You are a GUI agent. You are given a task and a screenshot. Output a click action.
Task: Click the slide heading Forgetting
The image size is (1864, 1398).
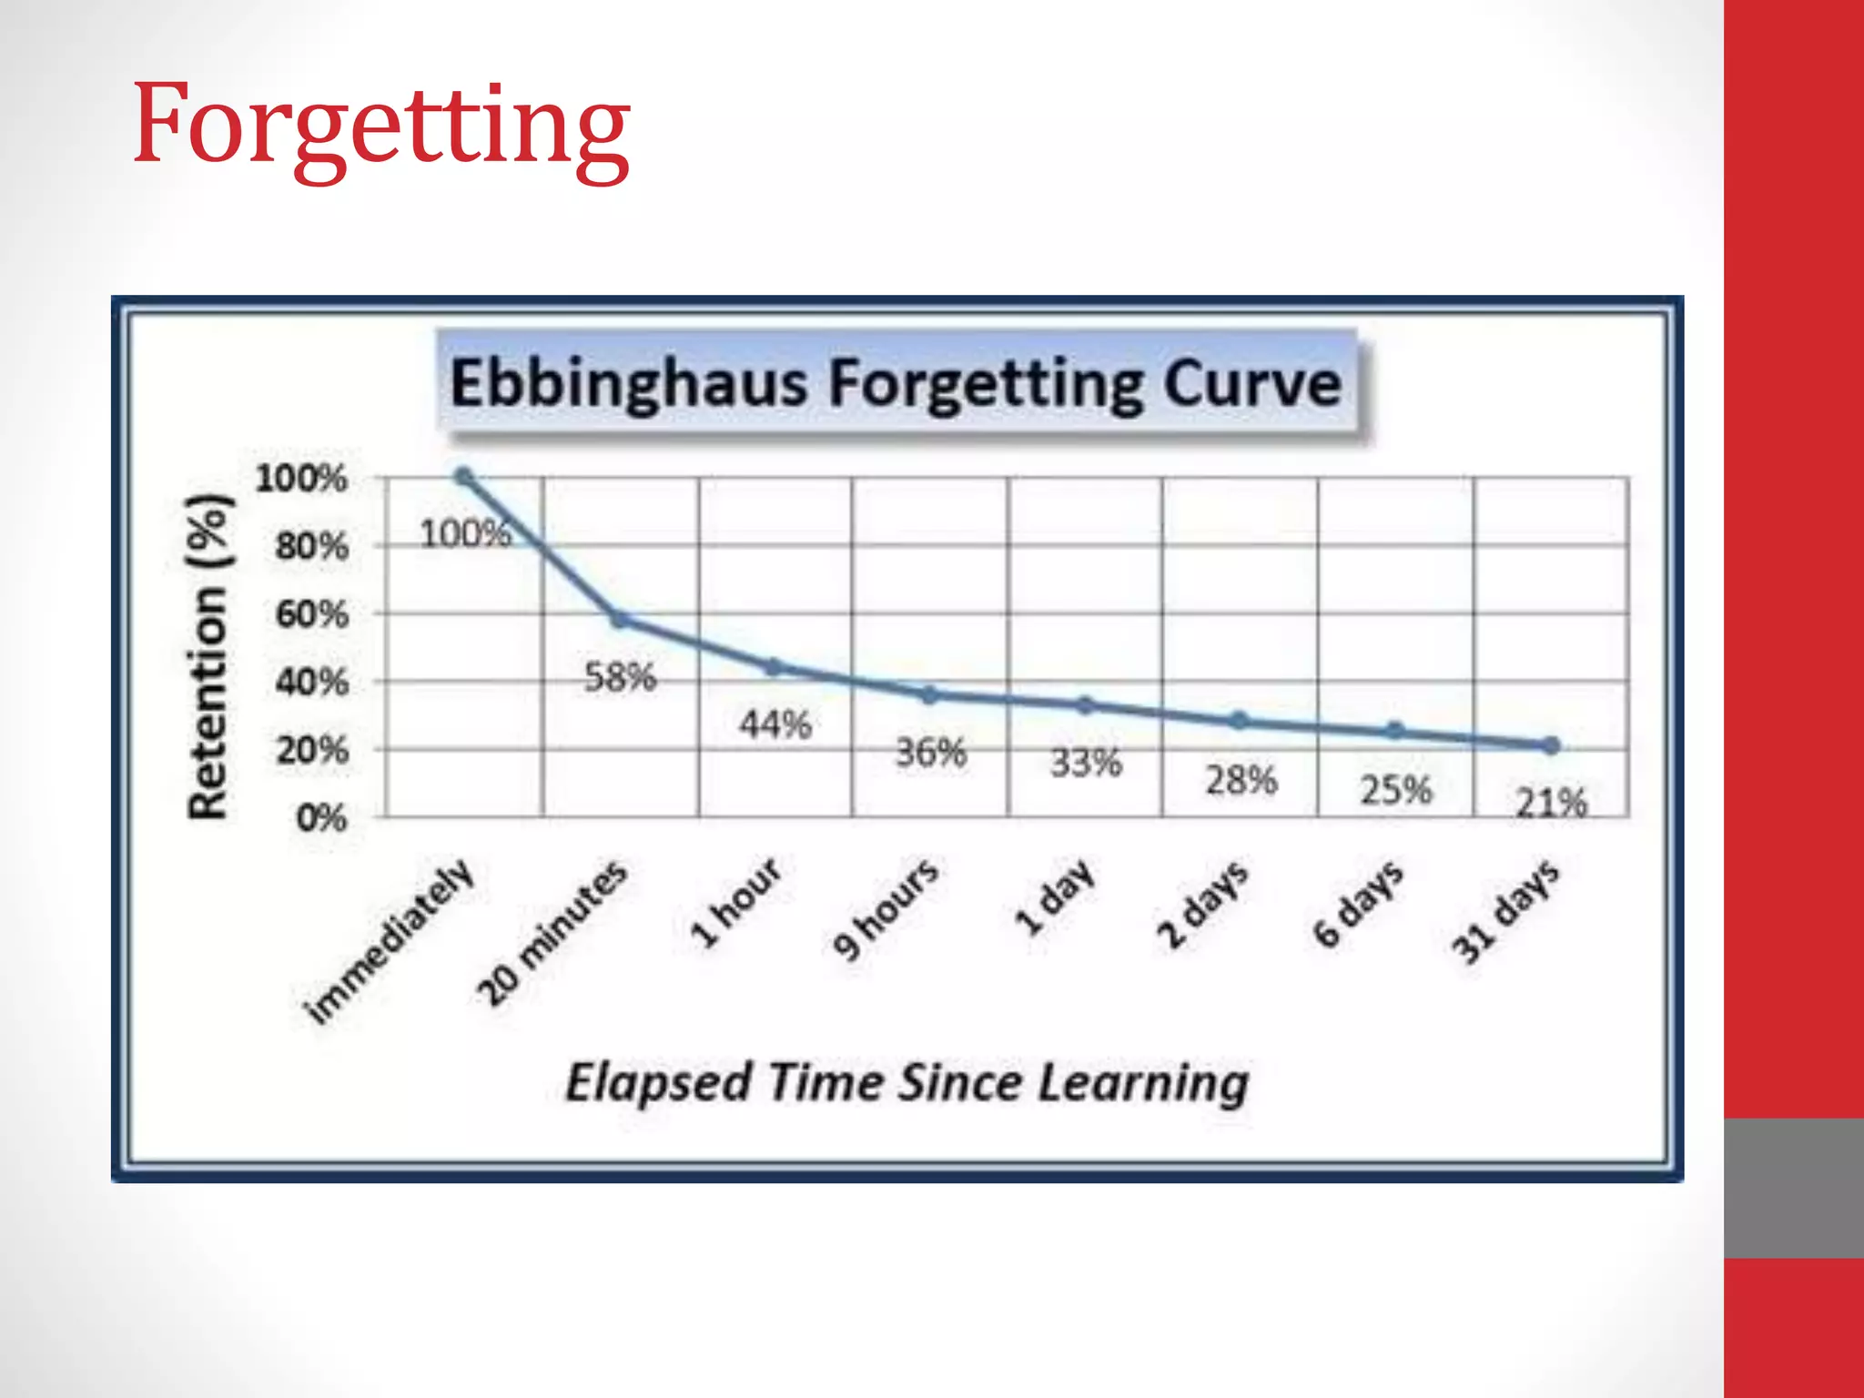(380, 126)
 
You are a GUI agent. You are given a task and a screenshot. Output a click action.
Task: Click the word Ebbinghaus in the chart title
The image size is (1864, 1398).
(628, 383)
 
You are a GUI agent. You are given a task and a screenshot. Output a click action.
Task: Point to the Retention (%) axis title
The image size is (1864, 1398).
(208, 657)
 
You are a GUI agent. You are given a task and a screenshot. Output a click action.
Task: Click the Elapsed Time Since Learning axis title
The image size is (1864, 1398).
(907, 1083)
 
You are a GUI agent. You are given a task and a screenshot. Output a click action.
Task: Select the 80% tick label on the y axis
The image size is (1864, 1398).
(312, 547)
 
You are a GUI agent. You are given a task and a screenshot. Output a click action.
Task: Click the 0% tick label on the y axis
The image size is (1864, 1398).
(321, 818)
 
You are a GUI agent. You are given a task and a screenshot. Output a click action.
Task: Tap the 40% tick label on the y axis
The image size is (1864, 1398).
(312, 682)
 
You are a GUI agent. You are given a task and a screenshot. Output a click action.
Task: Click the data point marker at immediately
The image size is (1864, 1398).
(463, 477)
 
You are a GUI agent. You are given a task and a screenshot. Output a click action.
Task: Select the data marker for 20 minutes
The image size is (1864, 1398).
(619, 620)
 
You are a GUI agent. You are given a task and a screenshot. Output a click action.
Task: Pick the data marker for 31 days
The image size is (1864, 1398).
(1552, 745)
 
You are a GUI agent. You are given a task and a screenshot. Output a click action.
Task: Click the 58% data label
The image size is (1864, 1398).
(620, 677)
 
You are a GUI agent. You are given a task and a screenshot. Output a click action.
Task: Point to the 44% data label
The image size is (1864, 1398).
(775, 725)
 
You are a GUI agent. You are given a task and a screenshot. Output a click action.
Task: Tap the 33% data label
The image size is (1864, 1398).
(1086, 763)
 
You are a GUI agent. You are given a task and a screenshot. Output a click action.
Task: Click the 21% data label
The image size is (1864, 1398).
(1551, 803)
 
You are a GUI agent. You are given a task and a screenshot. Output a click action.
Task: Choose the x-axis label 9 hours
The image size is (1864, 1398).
(886, 908)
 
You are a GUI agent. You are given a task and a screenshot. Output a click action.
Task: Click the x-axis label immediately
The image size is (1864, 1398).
(390, 942)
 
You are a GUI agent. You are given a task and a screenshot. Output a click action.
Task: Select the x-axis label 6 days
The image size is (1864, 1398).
(1359, 903)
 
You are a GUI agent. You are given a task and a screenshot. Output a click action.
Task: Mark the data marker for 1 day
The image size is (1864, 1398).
(1085, 705)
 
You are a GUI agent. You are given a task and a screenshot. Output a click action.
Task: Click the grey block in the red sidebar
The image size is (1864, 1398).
(1793, 1188)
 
